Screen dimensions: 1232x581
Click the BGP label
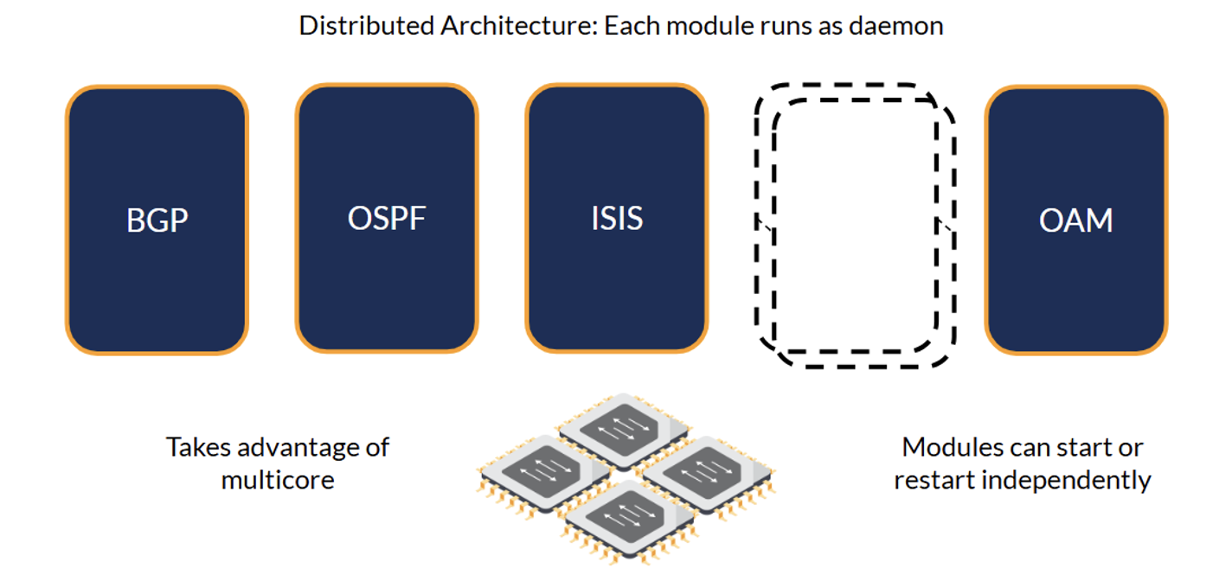157,220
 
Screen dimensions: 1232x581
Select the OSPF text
387,218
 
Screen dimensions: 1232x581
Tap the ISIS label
617,218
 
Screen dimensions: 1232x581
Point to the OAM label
1075,220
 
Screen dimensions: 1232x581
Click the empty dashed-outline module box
756,220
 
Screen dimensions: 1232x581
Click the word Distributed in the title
367,25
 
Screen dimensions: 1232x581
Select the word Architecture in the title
519,25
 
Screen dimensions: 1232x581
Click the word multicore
278,480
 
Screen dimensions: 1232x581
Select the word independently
1066,481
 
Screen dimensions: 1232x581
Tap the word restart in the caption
934,481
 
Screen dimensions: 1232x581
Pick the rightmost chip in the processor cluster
709,474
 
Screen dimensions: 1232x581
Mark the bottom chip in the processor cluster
629,520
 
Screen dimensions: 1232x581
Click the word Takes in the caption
198,448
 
